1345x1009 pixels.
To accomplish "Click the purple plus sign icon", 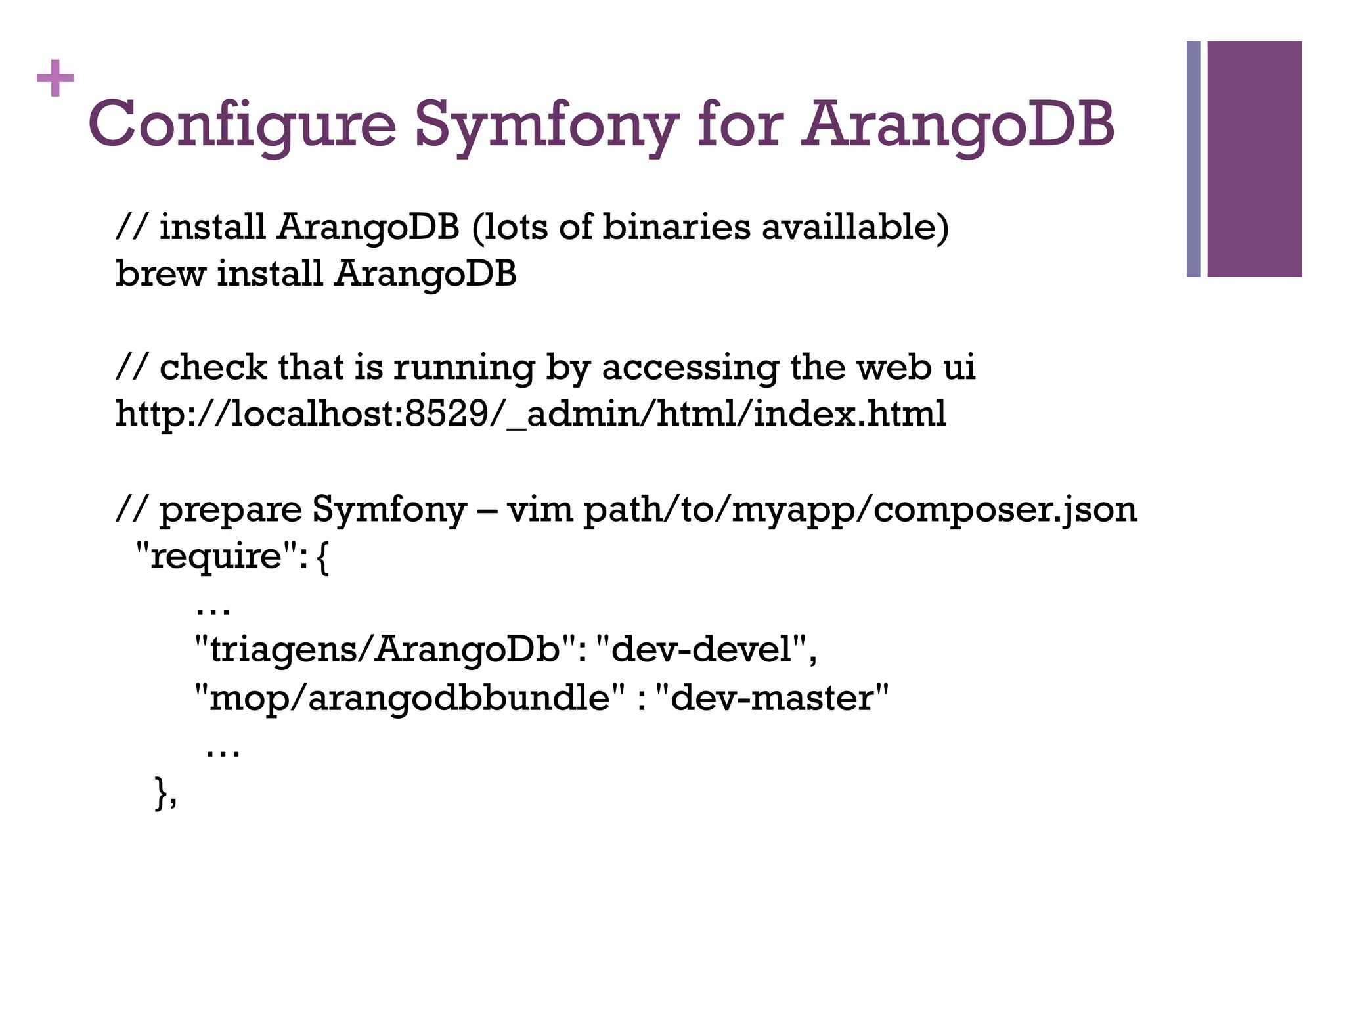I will [x=55, y=79].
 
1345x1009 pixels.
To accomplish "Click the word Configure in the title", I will [x=242, y=125].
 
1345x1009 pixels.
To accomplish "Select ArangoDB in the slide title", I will [x=958, y=125].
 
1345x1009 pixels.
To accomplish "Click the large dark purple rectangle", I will [x=1254, y=159].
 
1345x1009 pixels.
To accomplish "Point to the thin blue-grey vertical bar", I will [x=1193, y=159].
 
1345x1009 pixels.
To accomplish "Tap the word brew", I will [x=160, y=273].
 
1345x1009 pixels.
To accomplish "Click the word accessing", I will [x=690, y=368].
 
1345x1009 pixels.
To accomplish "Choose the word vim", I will [x=539, y=510].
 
